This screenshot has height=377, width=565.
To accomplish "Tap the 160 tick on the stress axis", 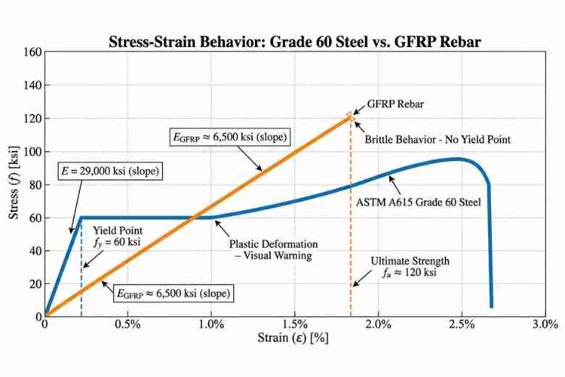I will coord(31,52).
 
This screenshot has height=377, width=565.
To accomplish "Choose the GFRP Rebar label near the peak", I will coord(395,104).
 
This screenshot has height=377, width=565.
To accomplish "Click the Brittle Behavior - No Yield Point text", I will coord(438,138).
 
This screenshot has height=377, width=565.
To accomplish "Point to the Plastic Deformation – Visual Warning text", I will coord(269,249).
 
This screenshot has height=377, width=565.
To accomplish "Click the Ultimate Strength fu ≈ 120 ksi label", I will coord(410,267).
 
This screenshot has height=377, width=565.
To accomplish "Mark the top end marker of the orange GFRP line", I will coord(351,115).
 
